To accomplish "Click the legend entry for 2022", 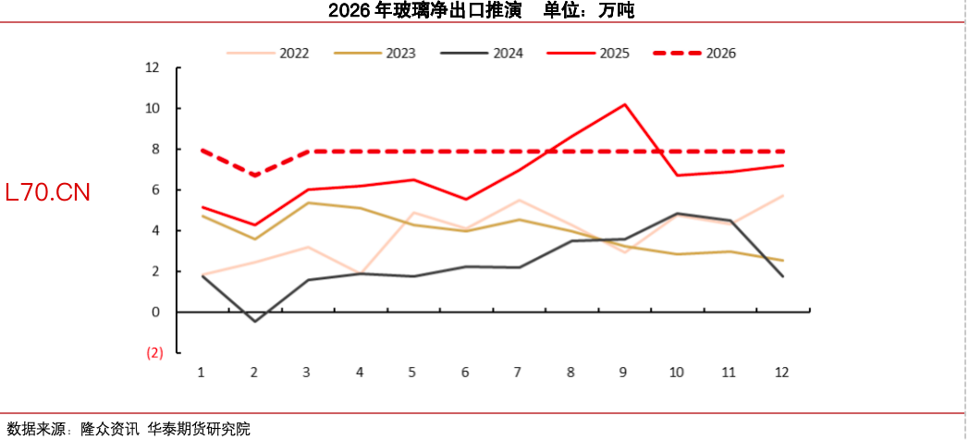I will pyautogui.click(x=269, y=53).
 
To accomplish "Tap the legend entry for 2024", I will pyautogui.click(x=483, y=53).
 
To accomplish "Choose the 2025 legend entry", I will pyautogui.click(x=589, y=53).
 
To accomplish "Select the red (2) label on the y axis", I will pyautogui.click(x=154, y=352).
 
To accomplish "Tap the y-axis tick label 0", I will pyautogui.click(x=156, y=312).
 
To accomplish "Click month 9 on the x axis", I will pyautogui.click(x=623, y=372).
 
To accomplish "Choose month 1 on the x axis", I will pyautogui.click(x=202, y=372).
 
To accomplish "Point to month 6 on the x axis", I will pyautogui.click(x=465, y=372).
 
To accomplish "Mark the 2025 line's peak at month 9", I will pyautogui.click(x=624, y=104).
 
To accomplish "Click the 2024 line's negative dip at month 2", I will pyautogui.click(x=254, y=321).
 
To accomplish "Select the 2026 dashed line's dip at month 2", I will pyautogui.click(x=254, y=175).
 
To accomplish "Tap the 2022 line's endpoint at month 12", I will pyautogui.click(x=782, y=196).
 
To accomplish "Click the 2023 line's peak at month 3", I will pyautogui.click(x=307, y=202).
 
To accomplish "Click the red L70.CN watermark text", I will pyautogui.click(x=47, y=192).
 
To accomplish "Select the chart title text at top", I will pyautogui.click(x=481, y=11).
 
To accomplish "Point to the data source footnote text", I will pyautogui.click(x=129, y=429).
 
